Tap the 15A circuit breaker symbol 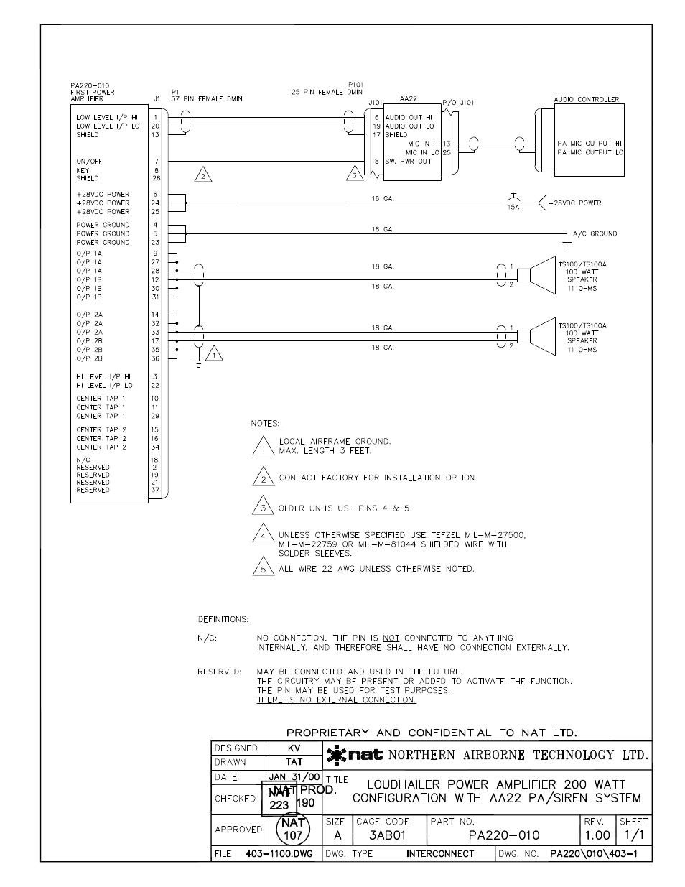pos(513,201)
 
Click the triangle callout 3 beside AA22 pos(353,174)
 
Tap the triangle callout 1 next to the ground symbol pos(213,353)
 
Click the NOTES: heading pos(266,424)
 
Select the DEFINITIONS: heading pos(223,619)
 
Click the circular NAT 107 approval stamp pos(293,830)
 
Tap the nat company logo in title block pos(355,755)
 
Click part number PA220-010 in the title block pos(503,835)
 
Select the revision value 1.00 pos(597,835)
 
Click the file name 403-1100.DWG pos(279,854)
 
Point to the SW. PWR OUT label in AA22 pos(409,161)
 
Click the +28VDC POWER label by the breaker pos(574,203)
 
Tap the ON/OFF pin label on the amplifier pos(90,162)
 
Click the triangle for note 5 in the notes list pos(264,567)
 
